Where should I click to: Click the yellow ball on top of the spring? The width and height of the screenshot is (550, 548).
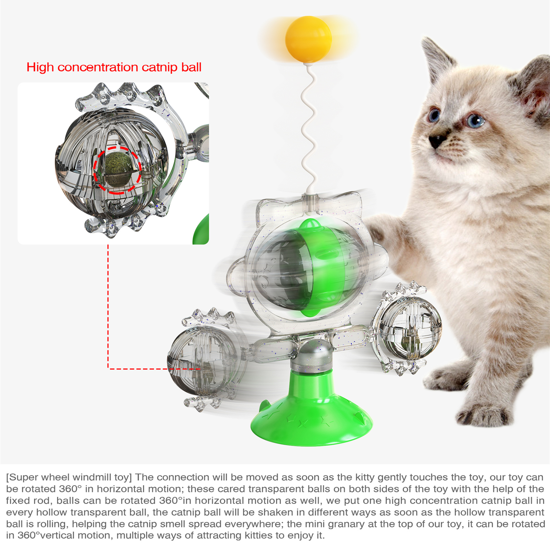click(x=308, y=39)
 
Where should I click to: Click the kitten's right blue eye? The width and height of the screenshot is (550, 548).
click(x=476, y=120)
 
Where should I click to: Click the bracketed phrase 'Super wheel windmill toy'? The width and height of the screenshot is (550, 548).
click(x=69, y=477)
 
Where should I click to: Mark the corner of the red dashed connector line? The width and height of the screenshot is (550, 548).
click(x=108, y=369)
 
